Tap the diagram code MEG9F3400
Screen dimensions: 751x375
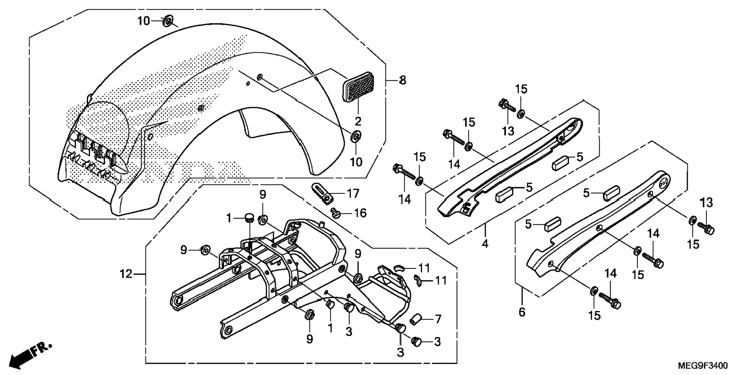coord(703,366)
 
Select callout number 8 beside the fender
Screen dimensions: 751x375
coord(403,80)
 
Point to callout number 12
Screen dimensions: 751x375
coord(126,274)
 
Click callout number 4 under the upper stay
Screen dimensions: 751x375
coord(485,244)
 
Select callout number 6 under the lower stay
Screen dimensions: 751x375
coord(522,312)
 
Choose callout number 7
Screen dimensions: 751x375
coord(438,319)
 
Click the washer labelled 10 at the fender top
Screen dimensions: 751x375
coord(168,21)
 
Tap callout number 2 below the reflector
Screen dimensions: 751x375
coord(358,121)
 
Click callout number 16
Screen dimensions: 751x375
coord(360,213)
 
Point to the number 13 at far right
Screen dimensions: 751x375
coord(707,203)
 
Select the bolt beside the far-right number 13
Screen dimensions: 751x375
coord(706,228)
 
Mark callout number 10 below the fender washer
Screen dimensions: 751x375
coord(356,161)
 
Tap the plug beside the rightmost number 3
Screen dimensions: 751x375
coord(417,342)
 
